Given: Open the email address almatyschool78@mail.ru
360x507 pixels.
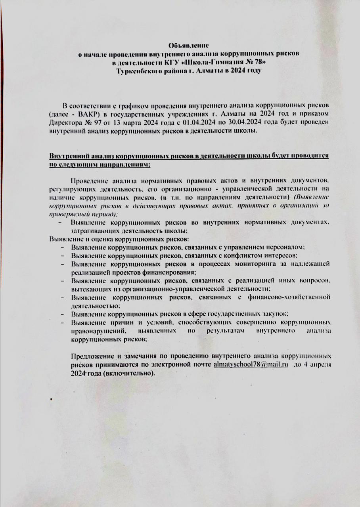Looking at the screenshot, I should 250,364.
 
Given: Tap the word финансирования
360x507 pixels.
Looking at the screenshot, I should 170,272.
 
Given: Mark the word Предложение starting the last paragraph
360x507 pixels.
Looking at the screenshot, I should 92,356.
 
